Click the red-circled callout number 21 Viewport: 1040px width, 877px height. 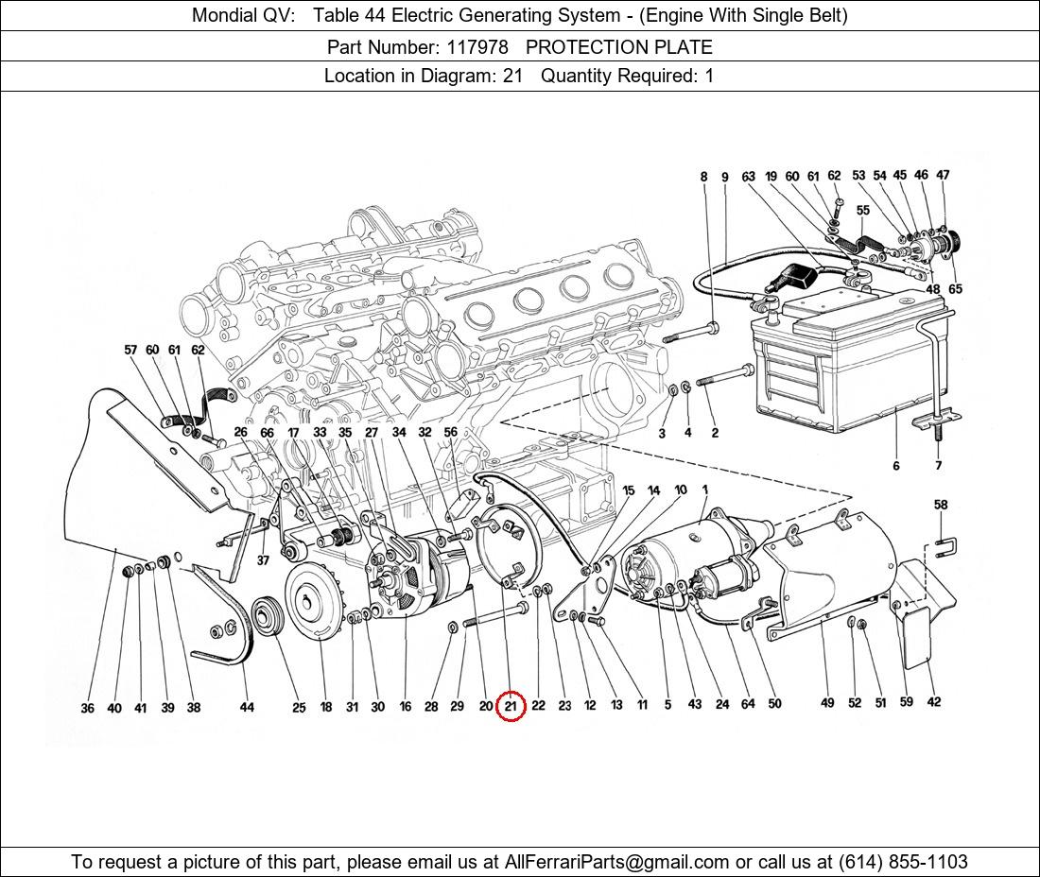511,706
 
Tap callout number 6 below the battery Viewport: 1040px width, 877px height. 895,465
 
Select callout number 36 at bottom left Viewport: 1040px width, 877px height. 88,708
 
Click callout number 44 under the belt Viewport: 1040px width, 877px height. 247,707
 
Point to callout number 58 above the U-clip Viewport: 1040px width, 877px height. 941,506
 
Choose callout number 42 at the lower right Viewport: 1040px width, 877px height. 934,701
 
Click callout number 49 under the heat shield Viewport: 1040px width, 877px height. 827,702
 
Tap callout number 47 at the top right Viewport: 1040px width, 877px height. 943,175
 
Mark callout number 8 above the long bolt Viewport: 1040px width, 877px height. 703,177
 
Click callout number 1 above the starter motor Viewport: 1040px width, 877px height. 705,489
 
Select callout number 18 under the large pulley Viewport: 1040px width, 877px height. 325,707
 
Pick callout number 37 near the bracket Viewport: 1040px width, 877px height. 263,560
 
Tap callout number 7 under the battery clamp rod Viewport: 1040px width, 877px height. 938,465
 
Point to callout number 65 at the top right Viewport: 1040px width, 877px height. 955,289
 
